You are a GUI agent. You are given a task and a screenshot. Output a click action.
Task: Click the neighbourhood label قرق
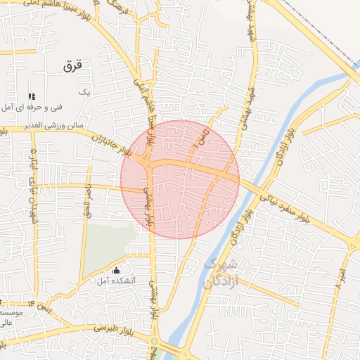(72, 66)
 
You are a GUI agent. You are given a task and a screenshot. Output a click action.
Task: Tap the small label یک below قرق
(85, 91)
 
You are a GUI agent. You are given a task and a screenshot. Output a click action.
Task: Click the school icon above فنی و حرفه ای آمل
(31, 96)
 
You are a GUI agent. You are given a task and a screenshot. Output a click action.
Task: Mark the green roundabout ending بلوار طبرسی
(154, 341)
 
